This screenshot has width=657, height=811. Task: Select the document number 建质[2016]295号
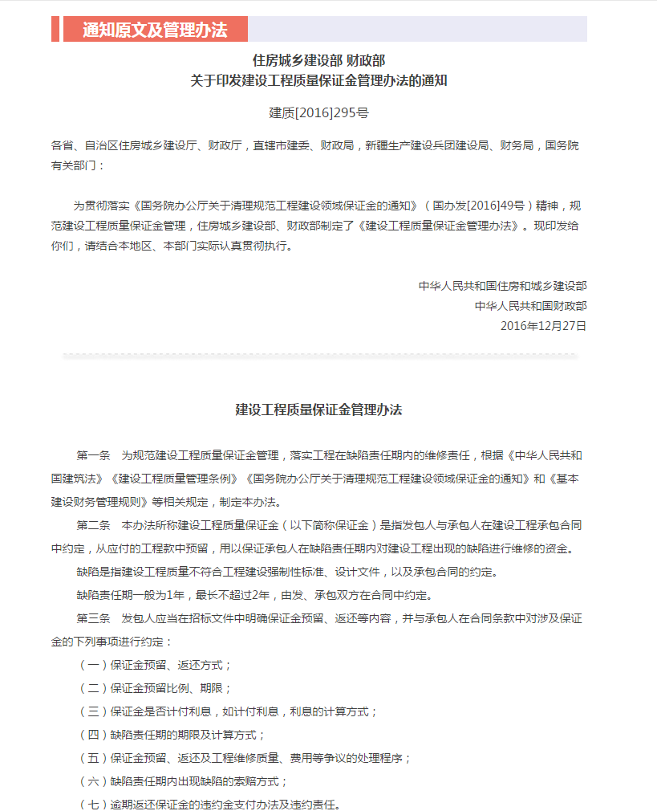318,113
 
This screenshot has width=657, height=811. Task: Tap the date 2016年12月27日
543,325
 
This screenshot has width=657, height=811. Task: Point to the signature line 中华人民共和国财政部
530,306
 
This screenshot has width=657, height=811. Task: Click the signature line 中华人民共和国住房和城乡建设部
502,286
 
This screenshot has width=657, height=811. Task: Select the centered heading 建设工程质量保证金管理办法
318,410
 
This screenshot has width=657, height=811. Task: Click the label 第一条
93,455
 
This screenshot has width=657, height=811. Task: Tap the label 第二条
93,526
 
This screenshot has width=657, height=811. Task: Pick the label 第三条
93,619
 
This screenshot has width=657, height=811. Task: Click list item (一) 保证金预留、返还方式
155,665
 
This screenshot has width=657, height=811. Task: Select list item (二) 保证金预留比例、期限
155,688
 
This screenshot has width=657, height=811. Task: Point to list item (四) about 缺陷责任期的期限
171,735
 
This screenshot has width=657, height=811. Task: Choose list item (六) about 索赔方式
182,780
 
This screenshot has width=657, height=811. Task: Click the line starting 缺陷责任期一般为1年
254,596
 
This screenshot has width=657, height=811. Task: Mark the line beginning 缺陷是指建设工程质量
287,573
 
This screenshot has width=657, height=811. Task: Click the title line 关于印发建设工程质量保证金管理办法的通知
318,80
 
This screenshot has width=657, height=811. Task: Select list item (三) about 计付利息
227,711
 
